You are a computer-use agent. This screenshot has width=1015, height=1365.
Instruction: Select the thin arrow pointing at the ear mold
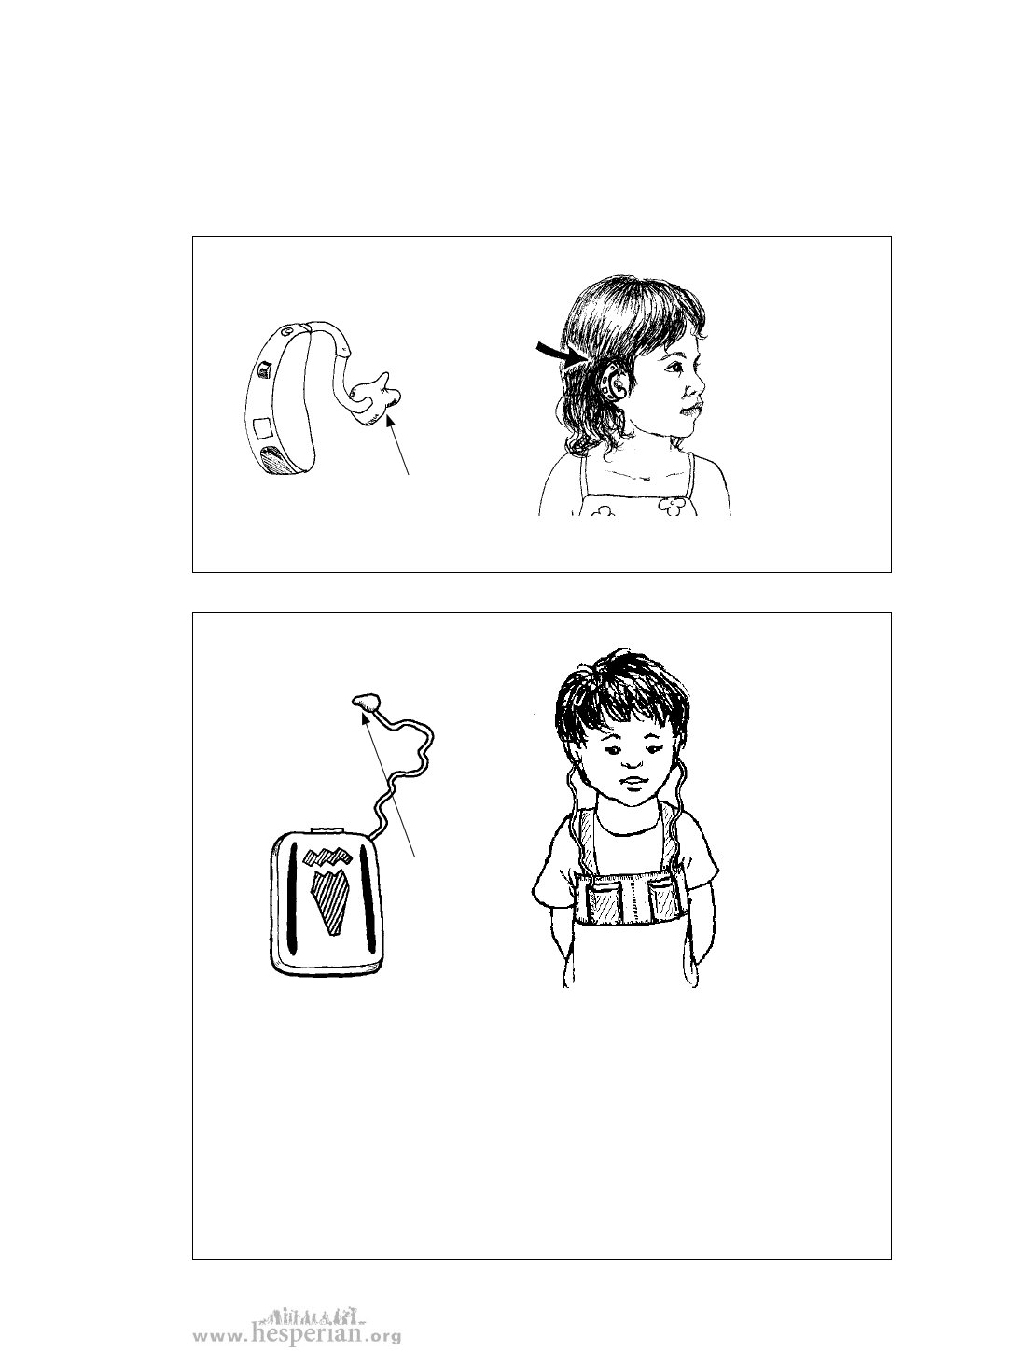(x=397, y=445)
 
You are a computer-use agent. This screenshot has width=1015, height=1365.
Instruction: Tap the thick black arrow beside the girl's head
(x=560, y=353)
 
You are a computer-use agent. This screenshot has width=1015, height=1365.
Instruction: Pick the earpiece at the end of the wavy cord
(x=366, y=702)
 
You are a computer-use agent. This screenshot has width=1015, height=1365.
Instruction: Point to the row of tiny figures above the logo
(x=313, y=1314)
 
